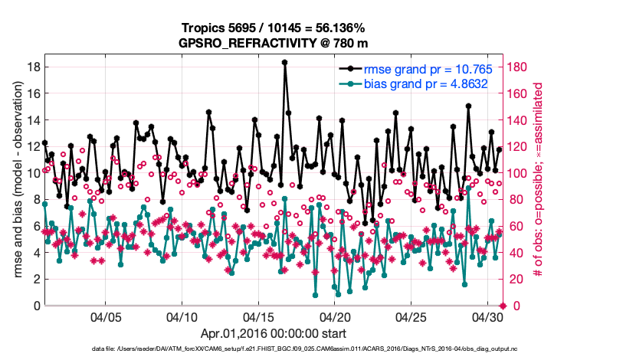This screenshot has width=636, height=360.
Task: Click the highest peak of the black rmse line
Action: [x=284, y=63]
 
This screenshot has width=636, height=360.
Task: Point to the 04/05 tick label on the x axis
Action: [x=107, y=316]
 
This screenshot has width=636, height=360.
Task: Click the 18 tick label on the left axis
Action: [x=32, y=67]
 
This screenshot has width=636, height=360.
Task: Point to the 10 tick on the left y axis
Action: [x=32, y=173]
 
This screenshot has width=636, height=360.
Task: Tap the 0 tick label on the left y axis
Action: [x=35, y=306]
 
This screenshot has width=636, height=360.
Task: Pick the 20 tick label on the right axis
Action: [x=516, y=280]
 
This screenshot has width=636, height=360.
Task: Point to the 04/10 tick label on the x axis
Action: [x=182, y=316]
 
